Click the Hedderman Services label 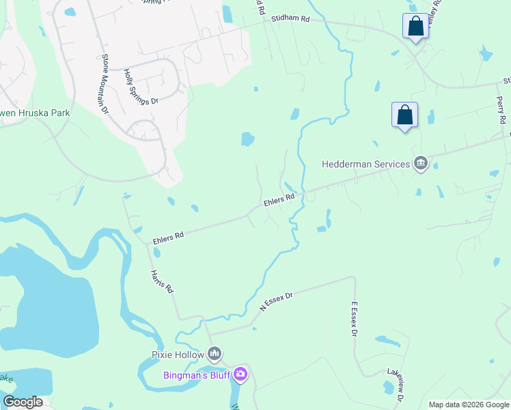click(x=365, y=164)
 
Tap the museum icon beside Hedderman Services click(x=421, y=163)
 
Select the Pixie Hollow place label click(x=178, y=354)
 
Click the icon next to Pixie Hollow click(x=215, y=353)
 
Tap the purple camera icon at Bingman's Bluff click(x=240, y=374)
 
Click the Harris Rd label click(x=161, y=282)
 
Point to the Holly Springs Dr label click(x=141, y=86)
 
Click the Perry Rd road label click(x=501, y=109)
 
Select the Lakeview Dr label click(x=396, y=385)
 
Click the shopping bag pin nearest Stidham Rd click(x=415, y=27)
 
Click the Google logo click(x=23, y=402)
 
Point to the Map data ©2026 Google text click(x=468, y=405)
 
